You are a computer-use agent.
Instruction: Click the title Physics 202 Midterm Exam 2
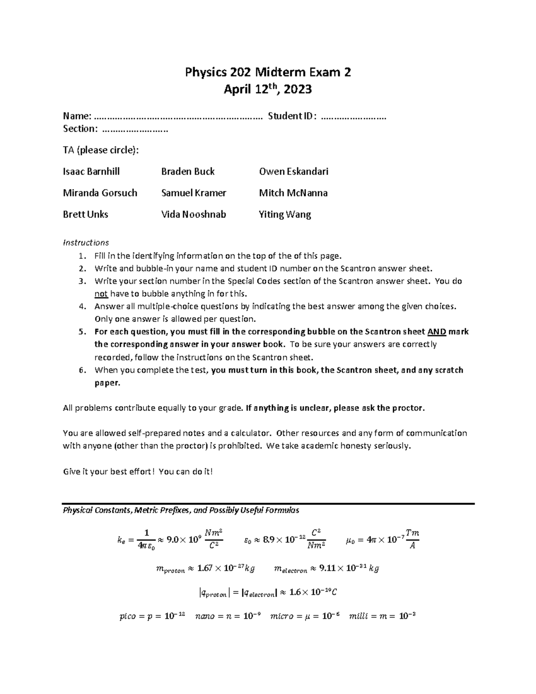(x=268, y=72)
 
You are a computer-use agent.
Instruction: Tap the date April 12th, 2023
(x=268, y=90)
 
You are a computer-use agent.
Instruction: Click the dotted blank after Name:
(x=179, y=117)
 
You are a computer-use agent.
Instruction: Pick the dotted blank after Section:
(x=134, y=130)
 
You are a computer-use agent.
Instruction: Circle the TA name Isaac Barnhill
(x=91, y=172)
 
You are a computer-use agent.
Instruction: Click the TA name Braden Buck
(x=188, y=172)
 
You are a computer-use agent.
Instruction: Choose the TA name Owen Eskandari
(x=293, y=172)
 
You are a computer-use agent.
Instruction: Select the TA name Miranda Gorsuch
(x=100, y=193)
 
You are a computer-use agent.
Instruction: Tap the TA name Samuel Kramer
(x=193, y=193)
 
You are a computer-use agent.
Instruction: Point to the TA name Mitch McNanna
(x=293, y=193)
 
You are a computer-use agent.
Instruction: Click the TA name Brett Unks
(x=85, y=215)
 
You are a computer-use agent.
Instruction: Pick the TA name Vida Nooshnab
(x=193, y=215)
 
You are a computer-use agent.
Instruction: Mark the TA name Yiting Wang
(x=285, y=215)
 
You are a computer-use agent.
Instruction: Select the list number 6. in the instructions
(x=82, y=370)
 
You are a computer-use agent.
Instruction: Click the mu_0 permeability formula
(x=382, y=539)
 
